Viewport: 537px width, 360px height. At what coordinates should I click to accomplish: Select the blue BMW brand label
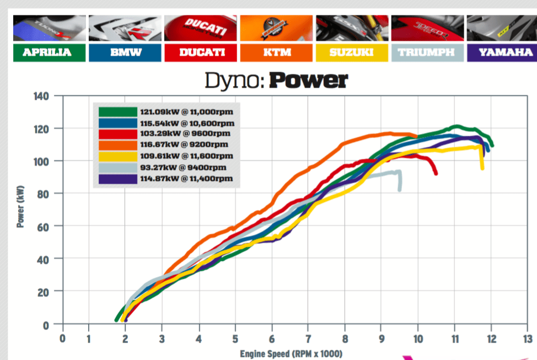coord(126,53)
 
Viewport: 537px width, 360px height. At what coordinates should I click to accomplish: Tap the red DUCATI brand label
coord(201,53)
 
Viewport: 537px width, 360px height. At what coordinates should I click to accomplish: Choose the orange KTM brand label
coord(277,53)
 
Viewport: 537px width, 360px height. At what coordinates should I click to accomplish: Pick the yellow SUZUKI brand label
coord(352,53)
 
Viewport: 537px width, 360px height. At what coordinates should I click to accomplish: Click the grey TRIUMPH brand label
coord(427,53)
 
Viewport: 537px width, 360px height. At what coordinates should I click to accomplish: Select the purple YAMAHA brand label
coord(503,53)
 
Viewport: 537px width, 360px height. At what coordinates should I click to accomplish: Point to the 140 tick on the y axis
coord(41,96)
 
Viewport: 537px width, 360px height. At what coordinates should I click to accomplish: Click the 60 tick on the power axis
coord(44,226)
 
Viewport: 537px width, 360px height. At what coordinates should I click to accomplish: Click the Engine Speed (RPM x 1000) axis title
coord(291,353)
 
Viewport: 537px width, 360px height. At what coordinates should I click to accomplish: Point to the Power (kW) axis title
coord(20,210)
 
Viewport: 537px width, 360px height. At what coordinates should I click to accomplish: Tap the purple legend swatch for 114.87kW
coord(117,179)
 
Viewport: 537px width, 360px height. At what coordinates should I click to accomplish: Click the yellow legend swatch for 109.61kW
coord(117,156)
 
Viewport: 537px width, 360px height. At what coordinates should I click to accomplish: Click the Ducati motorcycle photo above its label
coord(201,29)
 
